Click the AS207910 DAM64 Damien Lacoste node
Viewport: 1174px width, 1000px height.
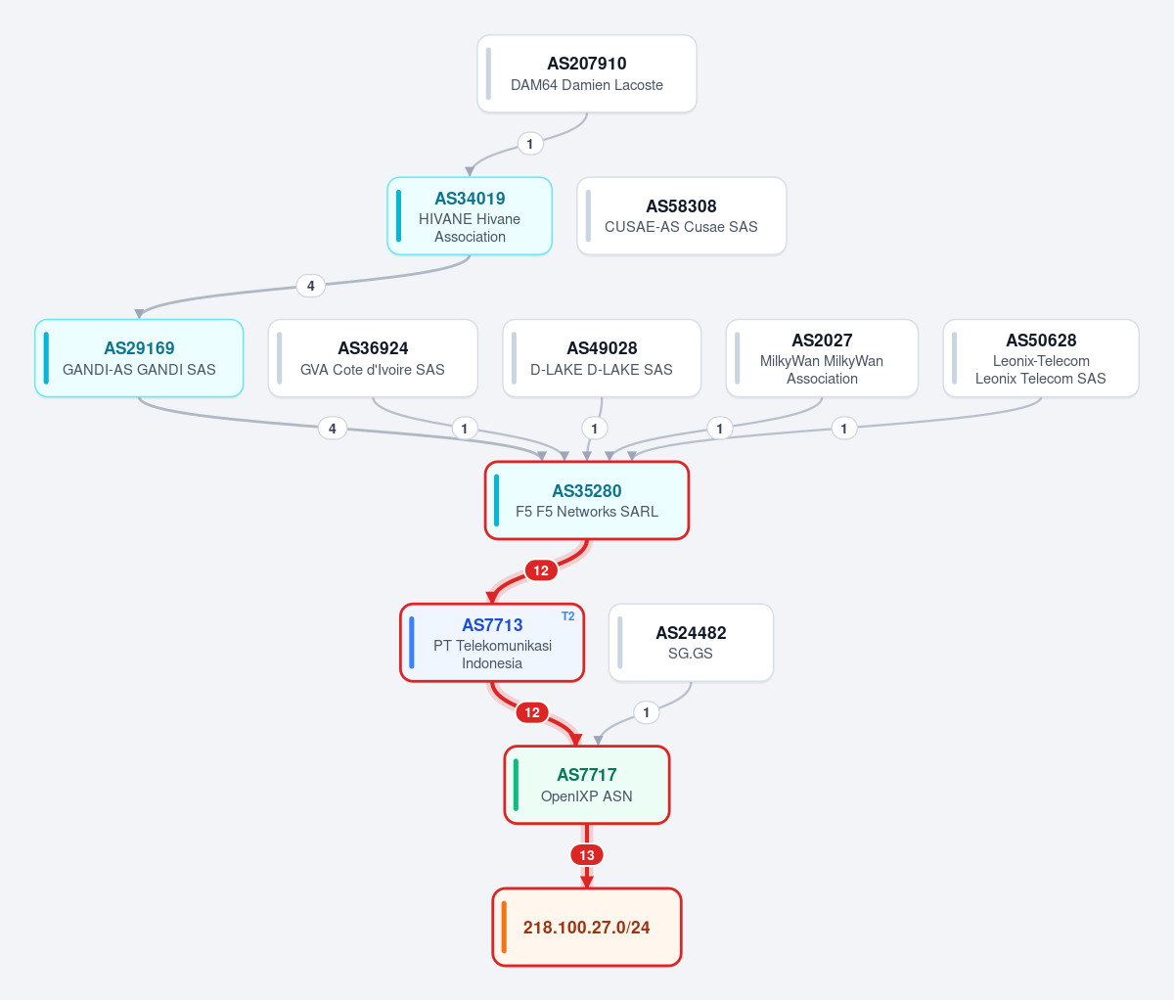(587, 73)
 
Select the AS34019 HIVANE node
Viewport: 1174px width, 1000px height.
(470, 216)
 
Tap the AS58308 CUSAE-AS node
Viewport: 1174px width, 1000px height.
(682, 216)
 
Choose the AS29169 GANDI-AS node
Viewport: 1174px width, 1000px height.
(139, 358)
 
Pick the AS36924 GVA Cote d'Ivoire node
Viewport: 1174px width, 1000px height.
(373, 358)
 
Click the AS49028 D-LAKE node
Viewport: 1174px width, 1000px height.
(602, 358)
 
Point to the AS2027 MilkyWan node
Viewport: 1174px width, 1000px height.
(822, 358)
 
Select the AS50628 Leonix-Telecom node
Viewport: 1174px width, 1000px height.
(1041, 358)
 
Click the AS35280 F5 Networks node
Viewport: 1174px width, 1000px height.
(587, 500)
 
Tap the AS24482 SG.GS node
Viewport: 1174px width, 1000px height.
(691, 643)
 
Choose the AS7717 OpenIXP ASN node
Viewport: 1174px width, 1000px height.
(587, 785)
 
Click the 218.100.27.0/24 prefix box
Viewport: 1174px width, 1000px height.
(587, 927)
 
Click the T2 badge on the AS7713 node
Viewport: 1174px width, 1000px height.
(568, 616)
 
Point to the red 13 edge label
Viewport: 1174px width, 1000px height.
(587, 855)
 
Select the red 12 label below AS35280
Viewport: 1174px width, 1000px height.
(541, 570)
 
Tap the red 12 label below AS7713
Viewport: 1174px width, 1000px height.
(532, 712)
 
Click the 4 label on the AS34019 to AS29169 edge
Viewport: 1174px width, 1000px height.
(311, 286)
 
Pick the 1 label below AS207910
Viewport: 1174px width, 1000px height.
(530, 144)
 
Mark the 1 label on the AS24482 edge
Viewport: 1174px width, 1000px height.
(646, 712)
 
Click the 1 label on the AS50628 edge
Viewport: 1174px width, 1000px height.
(844, 429)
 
